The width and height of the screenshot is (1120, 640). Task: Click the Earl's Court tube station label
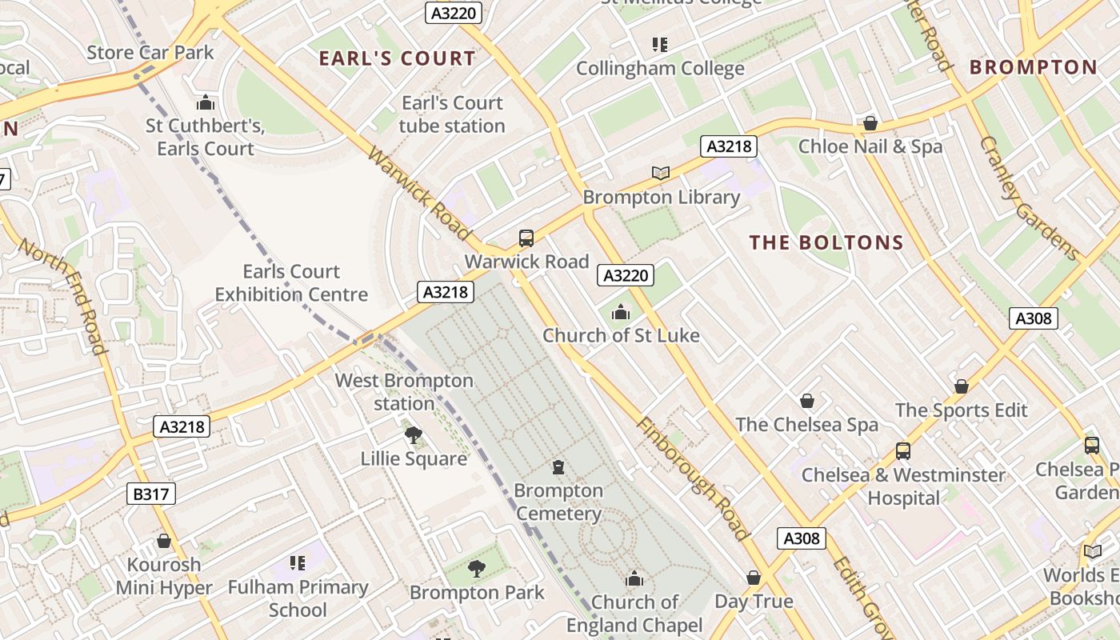click(x=452, y=114)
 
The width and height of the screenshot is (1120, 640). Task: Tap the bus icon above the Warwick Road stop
click(x=526, y=238)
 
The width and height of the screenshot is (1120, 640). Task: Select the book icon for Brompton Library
click(x=660, y=173)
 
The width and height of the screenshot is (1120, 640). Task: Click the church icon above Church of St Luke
click(x=620, y=313)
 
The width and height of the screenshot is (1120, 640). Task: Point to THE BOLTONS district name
click(x=826, y=242)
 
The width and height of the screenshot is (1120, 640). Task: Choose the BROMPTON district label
click(x=1033, y=67)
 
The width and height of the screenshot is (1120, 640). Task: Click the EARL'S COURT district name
click(x=397, y=58)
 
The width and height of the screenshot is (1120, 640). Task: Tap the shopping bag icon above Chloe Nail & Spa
click(x=870, y=123)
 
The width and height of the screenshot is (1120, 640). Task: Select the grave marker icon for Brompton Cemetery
click(x=558, y=467)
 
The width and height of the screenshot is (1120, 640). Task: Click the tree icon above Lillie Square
click(x=413, y=435)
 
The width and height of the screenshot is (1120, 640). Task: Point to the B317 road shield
click(x=150, y=494)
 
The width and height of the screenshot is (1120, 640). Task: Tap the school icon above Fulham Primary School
click(x=298, y=563)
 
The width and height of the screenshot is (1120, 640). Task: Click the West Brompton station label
click(x=404, y=392)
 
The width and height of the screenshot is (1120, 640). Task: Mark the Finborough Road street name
click(x=693, y=478)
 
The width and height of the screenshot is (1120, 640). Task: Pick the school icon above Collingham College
click(x=659, y=45)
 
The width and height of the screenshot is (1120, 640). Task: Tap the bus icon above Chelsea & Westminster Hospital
click(x=902, y=451)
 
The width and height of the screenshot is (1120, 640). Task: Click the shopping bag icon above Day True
click(x=753, y=578)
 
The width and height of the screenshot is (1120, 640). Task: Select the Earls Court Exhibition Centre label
click(x=291, y=282)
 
